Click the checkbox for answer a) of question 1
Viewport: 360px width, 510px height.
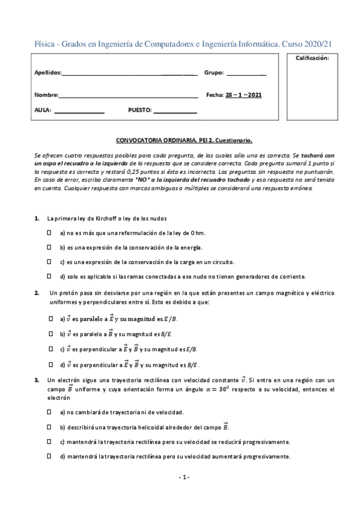point(50,232)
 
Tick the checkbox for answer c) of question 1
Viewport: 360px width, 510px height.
point(50,262)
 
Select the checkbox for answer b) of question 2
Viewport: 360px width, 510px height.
point(50,333)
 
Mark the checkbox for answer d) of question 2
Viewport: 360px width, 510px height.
point(50,364)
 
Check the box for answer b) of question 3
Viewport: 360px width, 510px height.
point(50,426)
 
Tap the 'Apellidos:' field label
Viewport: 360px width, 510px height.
point(48,73)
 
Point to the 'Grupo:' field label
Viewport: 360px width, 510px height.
point(214,73)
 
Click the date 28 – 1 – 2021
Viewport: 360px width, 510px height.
point(243,95)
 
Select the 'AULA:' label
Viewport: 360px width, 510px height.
point(43,111)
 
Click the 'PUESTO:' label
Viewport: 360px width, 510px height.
point(140,111)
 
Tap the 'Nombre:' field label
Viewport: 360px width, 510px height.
point(46,95)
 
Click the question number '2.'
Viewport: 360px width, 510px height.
point(37,293)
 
